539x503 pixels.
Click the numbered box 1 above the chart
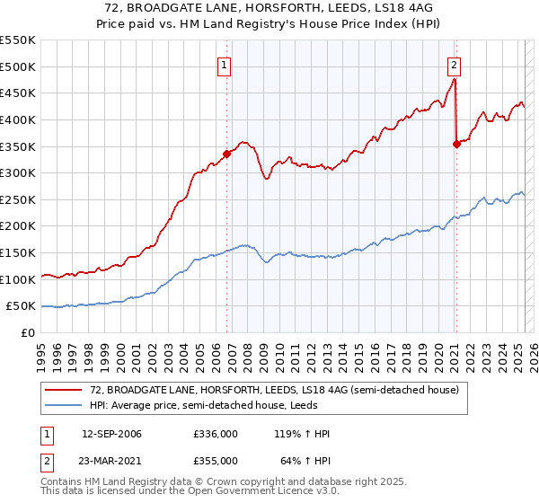click(223, 65)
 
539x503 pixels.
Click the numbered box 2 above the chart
click(455, 65)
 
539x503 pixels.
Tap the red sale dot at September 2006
click(226, 154)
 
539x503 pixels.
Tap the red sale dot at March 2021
click(456, 143)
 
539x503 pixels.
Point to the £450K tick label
click(17, 93)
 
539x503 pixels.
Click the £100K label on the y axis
click(17, 279)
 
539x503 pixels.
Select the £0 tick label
click(29, 332)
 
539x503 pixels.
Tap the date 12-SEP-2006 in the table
click(111, 435)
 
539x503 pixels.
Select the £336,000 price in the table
click(216, 435)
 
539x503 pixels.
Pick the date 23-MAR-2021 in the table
click(111, 461)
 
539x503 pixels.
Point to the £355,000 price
click(216, 461)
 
